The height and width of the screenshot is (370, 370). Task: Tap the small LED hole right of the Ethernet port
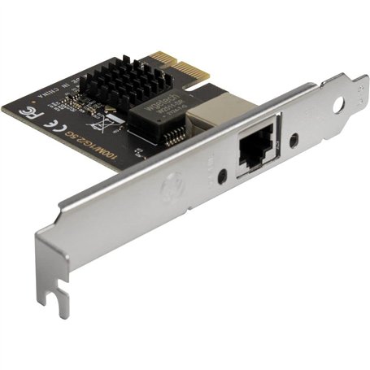coord(291,138)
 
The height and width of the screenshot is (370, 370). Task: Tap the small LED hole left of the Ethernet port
coord(223,174)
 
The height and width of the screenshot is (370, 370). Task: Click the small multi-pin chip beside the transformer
coord(172,135)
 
